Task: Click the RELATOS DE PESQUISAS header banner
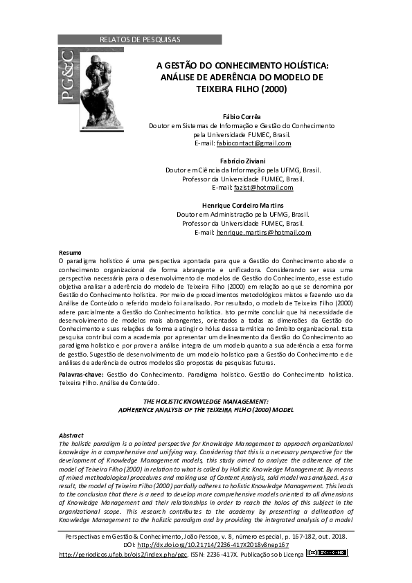tap(140, 39)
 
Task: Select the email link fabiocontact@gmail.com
tap(253, 143)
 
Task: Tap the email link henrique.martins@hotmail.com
tap(263, 233)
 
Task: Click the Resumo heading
tap(70, 252)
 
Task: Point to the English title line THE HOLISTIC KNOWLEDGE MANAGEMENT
tap(205, 402)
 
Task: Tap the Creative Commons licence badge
tap(328, 554)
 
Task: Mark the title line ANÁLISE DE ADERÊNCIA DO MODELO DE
tap(242, 78)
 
